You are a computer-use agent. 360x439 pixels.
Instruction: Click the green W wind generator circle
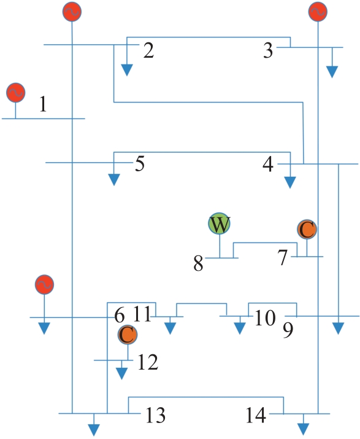[x=220, y=223]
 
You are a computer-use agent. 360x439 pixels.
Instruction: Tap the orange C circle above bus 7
[x=307, y=229]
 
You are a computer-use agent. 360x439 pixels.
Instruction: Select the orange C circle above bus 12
[x=128, y=335]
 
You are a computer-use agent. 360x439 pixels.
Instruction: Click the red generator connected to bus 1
[x=16, y=92]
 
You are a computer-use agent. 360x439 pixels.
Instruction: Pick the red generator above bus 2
[x=72, y=12]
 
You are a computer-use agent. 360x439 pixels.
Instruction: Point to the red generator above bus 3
[x=318, y=12]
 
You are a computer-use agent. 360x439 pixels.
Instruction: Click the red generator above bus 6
[x=44, y=284]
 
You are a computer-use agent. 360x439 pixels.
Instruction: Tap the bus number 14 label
[x=256, y=415]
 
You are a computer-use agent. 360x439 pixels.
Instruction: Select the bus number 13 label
[x=156, y=415]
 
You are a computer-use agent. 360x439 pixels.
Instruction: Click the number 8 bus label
[x=198, y=263]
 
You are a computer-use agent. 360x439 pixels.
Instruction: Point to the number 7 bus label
[x=283, y=258]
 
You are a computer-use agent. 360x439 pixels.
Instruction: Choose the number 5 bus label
[x=140, y=163]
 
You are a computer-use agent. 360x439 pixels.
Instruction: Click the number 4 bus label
[x=268, y=164]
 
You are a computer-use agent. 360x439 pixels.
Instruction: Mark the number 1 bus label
[x=43, y=104]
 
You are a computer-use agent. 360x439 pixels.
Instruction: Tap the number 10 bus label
[x=264, y=318]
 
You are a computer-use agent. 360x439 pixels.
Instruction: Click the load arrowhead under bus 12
[x=121, y=374]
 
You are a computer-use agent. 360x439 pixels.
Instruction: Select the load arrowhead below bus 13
[x=94, y=430]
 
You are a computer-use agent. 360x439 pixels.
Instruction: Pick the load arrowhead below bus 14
[x=303, y=429]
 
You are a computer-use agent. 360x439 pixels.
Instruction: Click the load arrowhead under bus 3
[x=332, y=72]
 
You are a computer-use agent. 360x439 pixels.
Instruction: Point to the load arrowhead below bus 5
[x=114, y=179]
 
